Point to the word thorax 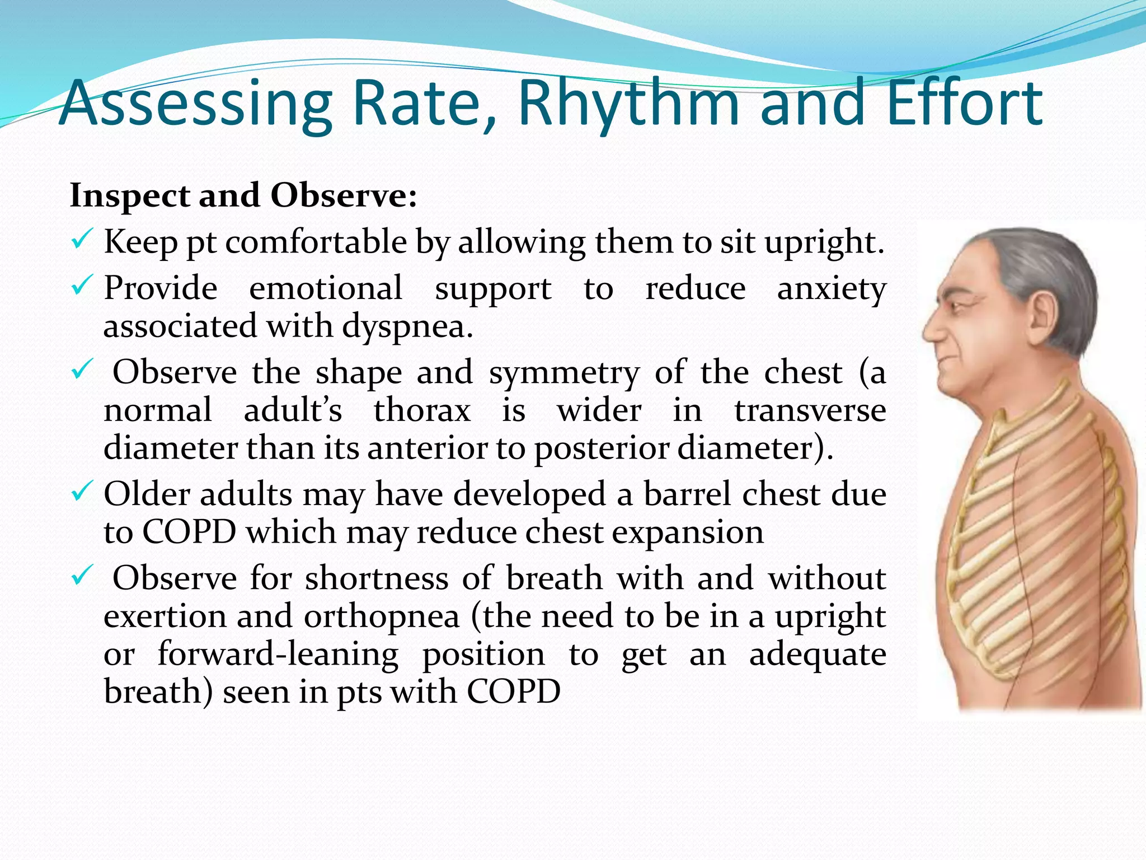pos(422,410)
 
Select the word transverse pos(810,410)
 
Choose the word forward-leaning pos(278,654)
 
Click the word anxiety pos(832,289)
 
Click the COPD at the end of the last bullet pos(513,691)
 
